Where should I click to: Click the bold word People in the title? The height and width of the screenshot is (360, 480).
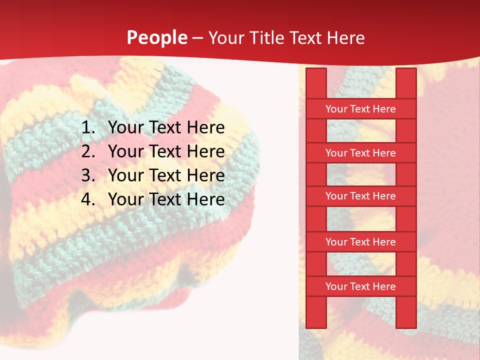click(156, 37)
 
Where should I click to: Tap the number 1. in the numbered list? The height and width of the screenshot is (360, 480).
click(88, 127)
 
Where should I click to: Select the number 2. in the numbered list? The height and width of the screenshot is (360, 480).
click(88, 151)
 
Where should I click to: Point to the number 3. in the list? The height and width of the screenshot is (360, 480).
click(88, 175)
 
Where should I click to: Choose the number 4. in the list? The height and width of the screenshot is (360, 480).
click(88, 199)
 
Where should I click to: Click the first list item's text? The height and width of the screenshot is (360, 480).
click(166, 127)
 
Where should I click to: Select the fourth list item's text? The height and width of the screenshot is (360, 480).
click(166, 199)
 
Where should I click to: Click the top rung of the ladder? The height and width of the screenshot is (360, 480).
click(360, 109)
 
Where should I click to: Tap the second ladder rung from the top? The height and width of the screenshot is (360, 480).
click(360, 153)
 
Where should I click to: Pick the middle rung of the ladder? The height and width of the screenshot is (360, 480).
click(360, 196)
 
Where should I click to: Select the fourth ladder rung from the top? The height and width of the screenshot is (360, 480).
click(360, 242)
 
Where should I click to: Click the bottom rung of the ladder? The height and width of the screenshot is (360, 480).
click(360, 286)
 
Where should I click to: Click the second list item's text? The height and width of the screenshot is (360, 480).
click(166, 151)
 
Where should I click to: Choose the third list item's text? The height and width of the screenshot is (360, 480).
click(166, 175)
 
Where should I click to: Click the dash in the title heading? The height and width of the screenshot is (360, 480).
click(197, 38)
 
